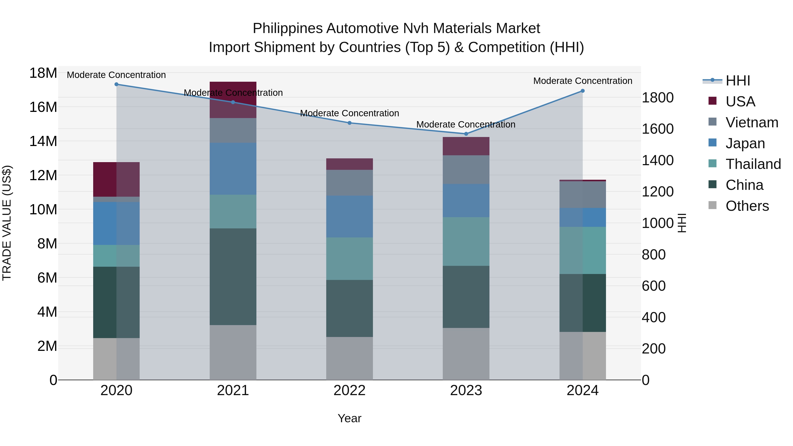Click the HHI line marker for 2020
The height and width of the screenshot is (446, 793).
[x=116, y=84]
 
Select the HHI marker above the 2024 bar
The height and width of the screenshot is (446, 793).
[x=582, y=91]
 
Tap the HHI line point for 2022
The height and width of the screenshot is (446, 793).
[x=349, y=123]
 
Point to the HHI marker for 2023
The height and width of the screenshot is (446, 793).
[x=466, y=134]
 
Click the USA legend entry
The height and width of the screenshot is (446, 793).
[x=740, y=102]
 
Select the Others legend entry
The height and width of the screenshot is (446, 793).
[x=747, y=206]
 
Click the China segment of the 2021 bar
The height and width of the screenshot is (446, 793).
[x=233, y=276]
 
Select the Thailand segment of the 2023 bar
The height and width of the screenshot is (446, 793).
[x=466, y=241]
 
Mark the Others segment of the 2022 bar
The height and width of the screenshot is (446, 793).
[x=349, y=358]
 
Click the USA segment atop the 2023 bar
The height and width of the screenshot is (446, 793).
[x=466, y=146]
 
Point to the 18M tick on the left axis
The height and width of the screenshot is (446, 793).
[x=43, y=73]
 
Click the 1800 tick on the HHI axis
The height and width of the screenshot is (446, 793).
[x=658, y=98]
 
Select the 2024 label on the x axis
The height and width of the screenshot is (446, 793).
[x=582, y=390]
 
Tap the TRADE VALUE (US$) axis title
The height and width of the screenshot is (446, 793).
[x=7, y=223]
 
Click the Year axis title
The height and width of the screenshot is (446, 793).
[x=349, y=418]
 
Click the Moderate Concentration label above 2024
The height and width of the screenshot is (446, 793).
[x=582, y=81]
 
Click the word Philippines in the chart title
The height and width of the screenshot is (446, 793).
[x=288, y=28]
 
